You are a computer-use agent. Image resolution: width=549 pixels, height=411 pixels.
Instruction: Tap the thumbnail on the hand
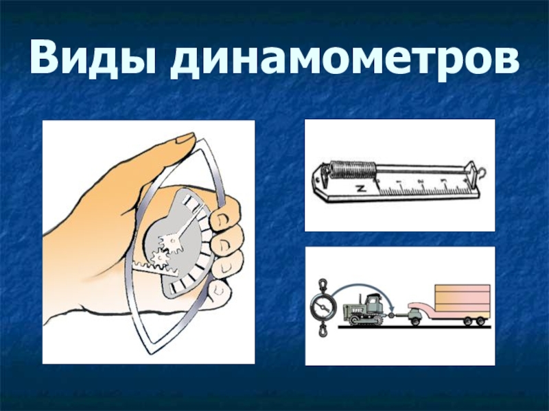(185, 138)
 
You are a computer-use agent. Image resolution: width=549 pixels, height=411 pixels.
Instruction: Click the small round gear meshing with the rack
(160, 258)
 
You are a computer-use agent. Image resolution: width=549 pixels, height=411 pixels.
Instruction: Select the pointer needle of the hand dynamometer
(188, 224)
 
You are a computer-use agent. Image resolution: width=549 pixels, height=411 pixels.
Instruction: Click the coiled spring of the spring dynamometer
(353, 170)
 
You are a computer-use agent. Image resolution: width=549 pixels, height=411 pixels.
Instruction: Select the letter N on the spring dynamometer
(360, 189)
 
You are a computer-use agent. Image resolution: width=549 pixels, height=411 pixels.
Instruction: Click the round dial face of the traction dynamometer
(323, 307)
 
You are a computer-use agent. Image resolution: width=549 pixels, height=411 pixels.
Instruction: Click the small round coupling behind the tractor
(391, 315)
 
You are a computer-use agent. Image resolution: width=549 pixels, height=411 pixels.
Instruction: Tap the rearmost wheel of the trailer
(481, 321)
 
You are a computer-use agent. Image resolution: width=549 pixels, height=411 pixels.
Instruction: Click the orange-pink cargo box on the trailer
(462, 298)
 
